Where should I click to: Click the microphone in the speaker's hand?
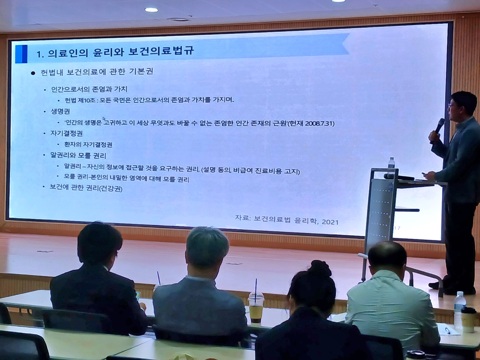[439, 126]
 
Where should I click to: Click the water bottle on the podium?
[391, 164]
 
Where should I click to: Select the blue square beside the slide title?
[22, 54]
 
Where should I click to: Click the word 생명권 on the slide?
[60, 111]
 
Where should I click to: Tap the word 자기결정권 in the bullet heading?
[67, 133]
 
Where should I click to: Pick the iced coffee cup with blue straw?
[256, 307]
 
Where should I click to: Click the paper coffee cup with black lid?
[468, 320]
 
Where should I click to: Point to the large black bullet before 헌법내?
[33, 73]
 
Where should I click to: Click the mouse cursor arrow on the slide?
[104, 119]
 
